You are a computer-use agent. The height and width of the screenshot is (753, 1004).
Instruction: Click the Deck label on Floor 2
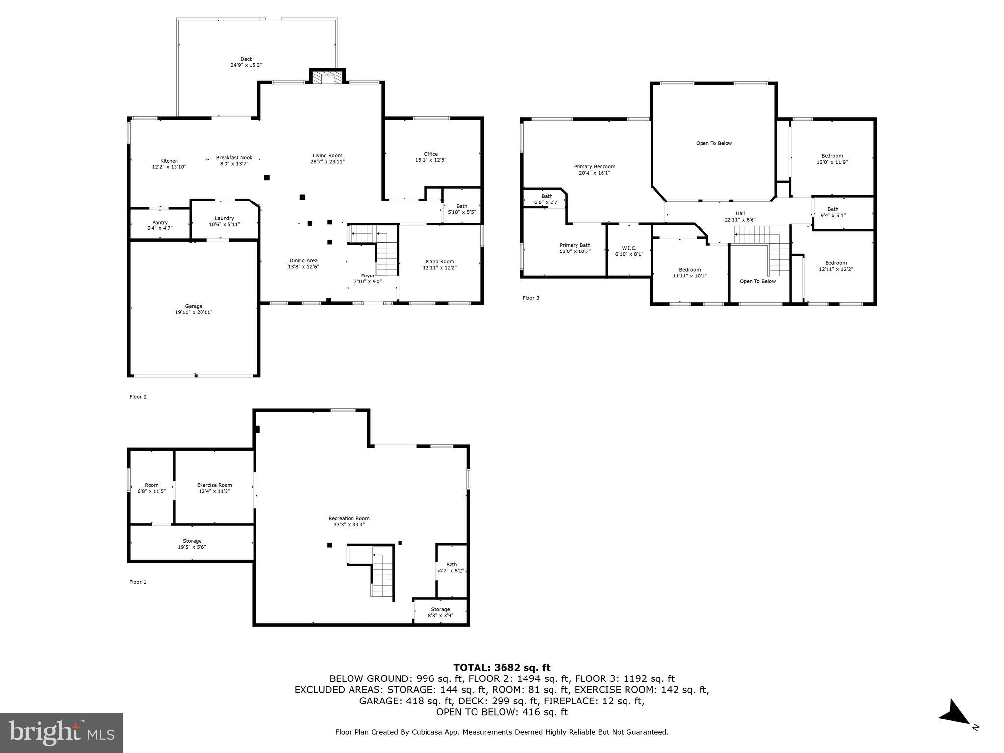(246, 59)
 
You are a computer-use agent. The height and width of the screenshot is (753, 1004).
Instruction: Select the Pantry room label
(160, 223)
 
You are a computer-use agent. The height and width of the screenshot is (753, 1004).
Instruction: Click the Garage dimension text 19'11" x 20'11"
(194, 312)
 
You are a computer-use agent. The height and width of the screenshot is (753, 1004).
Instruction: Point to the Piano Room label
(439, 261)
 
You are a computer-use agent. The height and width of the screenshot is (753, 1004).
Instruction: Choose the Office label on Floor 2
(431, 154)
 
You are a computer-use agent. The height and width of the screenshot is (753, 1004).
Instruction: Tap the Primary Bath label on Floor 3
(575, 245)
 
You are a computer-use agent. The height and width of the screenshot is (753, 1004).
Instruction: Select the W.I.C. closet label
(629, 248)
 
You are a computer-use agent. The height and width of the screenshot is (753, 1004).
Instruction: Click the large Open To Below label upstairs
(714, 143)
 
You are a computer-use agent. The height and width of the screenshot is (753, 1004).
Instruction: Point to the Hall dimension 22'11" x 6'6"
(740, 219)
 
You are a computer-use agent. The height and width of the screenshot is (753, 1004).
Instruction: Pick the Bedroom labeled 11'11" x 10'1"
(689, 273)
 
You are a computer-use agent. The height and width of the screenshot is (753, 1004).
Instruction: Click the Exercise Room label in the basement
(214, 485)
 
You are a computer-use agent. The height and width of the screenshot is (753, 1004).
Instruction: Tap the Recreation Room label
(349, 518)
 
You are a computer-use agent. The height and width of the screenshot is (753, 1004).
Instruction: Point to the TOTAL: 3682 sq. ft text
(502, 668)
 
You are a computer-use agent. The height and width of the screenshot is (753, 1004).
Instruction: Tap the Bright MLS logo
(61, 733)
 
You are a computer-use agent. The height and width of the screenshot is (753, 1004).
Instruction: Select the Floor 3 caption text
(530, 298)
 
